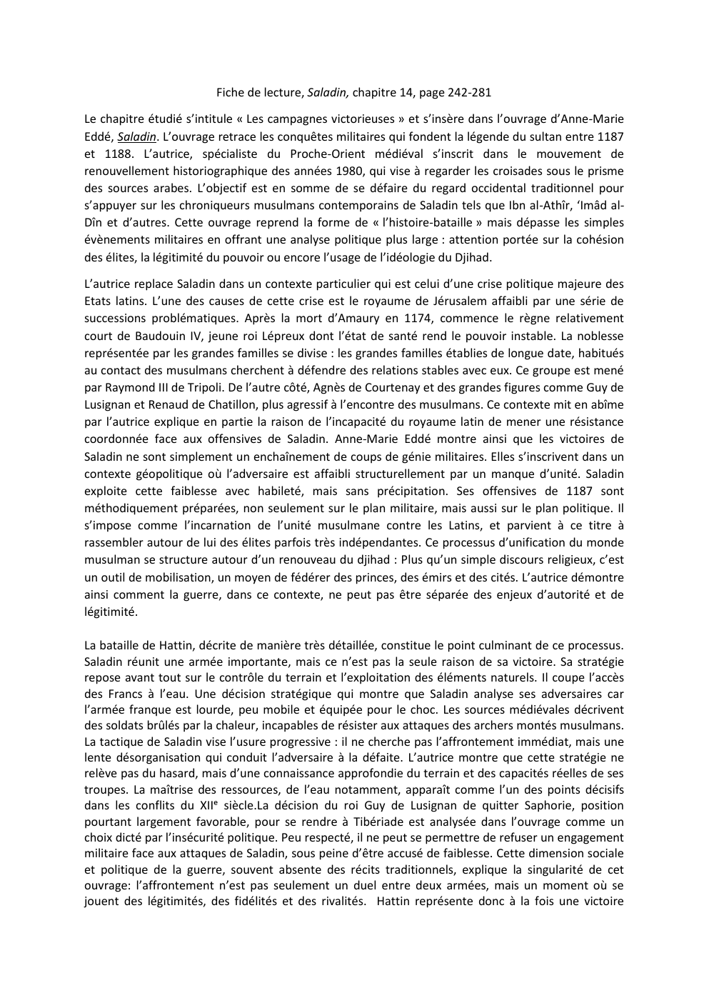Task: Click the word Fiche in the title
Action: (228, 92)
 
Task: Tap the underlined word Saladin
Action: (136, 136)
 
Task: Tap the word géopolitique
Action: (166, 474)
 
